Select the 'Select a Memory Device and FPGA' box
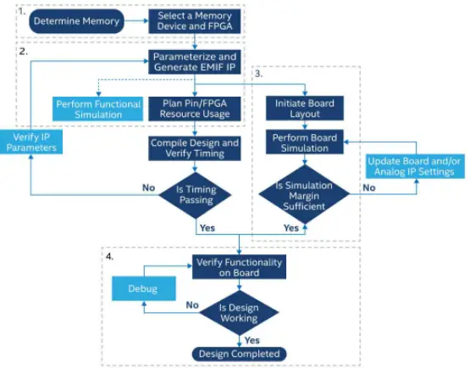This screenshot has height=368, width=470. click(x=196, y=21)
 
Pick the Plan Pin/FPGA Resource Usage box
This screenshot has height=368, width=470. click(x=196, y=108)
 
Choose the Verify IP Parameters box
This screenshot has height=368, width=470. click(x=30, y=141)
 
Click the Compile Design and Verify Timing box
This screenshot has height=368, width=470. click(x=196, y=148)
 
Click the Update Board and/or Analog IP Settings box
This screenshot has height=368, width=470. click(x=410, y=165)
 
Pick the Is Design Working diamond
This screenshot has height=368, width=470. click(x=240, y=312)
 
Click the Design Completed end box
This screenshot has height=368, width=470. click(x=240, y=354)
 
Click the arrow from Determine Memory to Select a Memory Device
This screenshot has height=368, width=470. click(x=136, y=21)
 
